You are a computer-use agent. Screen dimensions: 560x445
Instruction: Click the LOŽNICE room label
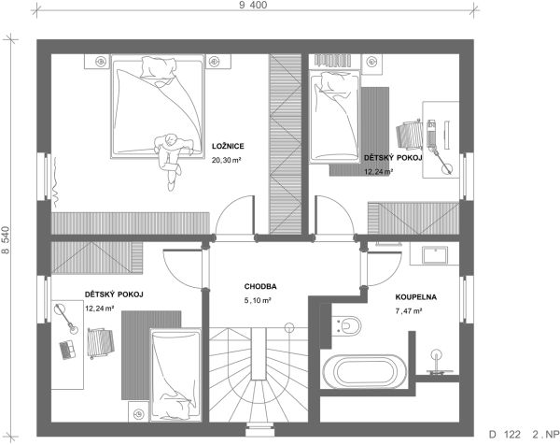[x=228, y=146]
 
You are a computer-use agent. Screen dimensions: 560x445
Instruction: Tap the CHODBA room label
[x=260, y=286]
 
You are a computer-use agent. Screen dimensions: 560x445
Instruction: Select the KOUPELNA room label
[x=415, y=297]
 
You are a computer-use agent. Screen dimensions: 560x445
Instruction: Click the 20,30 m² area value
[x=227, y=160]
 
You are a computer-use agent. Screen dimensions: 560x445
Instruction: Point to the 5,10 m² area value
[x=258, y=301]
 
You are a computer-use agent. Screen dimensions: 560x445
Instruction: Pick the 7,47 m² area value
[x=409, y=311]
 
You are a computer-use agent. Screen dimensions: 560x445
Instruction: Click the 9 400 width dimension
[x=253, y=5]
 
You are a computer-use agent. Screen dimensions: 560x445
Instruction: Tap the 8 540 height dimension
[x=7, y=240]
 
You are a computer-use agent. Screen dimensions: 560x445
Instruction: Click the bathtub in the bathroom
[x=365, y=372]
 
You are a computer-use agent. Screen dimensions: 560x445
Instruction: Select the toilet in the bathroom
[x=347, y=326]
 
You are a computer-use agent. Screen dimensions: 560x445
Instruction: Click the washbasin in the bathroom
[x=435, y=254]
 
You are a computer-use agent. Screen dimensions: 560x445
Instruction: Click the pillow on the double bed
[x=159, y=67]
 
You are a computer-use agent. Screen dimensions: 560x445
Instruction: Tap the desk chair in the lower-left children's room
[x=101, y=343]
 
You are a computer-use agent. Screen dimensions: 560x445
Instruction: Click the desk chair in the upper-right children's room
[x=410, y=135]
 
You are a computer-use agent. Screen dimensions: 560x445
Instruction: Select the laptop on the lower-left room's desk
[x=67, y=349]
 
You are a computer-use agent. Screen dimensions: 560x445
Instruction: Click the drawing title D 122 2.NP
[x=524, y=435]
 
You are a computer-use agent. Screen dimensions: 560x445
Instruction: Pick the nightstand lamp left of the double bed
[x=101, y=62]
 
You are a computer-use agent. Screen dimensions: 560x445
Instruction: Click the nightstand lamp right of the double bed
[x=214, y=62]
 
